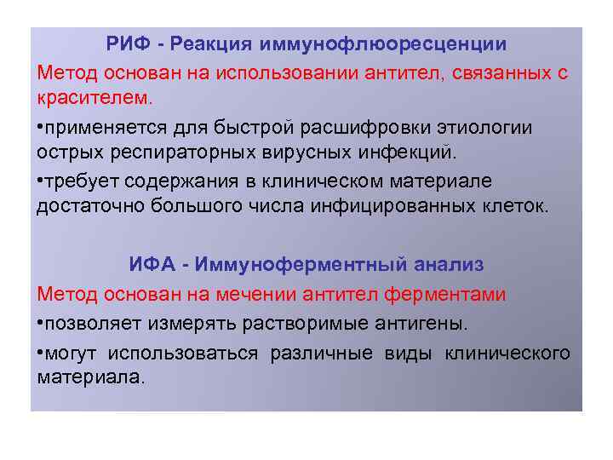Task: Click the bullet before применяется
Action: tap(41, 128)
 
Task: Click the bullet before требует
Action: tap(41, 181)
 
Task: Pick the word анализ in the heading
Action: tap(450, 265)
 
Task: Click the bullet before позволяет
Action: tap(41, 325)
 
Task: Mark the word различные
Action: tap(320, 353)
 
